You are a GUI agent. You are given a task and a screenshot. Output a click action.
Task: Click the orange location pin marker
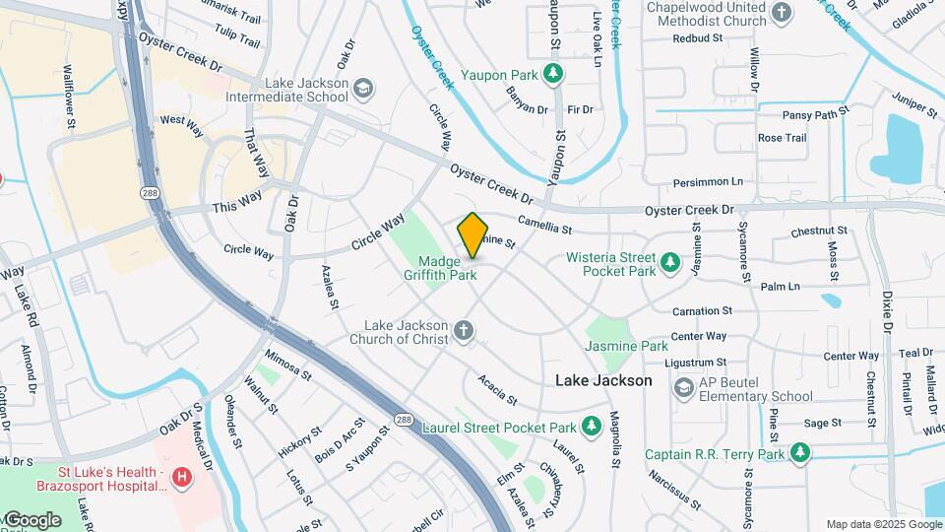pyautogui.click(x=472, y=235)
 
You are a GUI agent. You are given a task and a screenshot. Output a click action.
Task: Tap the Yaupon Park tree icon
pyautogui.click(x=554, y=73)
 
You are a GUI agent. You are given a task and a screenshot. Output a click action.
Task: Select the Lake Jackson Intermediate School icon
pyautogui.click(x=363, y=90)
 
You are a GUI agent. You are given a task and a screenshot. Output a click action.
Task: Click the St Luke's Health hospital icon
pyautogui.click(x=181, y=478)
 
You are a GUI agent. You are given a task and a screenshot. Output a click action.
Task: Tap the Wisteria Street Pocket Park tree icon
pyautogui.click(x=670, y=263)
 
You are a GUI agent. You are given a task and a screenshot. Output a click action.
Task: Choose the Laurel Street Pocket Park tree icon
pyautogui.click(x=592, y=427)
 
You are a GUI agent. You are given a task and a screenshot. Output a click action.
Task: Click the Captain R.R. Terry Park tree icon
pyautogui.click(x=801, y=453)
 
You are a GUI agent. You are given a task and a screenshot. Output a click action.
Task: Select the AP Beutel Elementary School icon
pyautogui.click(x=683, y=388)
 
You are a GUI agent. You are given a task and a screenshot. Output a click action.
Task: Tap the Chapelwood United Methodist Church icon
pyautogui.click(x=782, y=13)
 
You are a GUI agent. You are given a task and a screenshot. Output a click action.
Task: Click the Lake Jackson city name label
pyautogui.click(x=603, y=380)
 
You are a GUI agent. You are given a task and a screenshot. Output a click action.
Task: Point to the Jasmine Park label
pyautogui.click(x=626, y=347)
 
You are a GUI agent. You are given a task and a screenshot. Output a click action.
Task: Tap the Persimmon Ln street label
pyautogui.click(x=709, y=183)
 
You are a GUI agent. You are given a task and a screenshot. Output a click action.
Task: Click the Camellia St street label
pyautogui.click(x=546, y=228)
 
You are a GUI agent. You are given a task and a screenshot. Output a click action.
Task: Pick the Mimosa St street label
pyautogui.click(x=288, y=366)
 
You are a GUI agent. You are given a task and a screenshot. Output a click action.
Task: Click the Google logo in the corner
pyautogui.click(x=31, y=519)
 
